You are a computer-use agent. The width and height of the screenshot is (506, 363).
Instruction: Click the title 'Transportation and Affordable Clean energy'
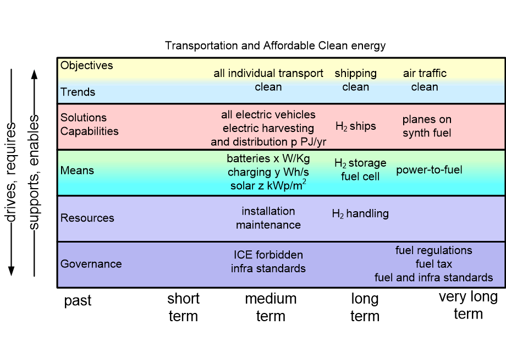[275, 46]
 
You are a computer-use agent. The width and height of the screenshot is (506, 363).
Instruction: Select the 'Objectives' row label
[86, 65]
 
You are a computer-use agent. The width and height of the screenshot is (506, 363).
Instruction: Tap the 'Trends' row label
[78, 92]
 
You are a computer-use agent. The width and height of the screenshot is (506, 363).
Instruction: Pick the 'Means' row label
[77, 170]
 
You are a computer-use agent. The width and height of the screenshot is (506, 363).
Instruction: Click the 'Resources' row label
[87, 218]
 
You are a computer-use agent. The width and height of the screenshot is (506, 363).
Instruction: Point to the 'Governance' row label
[91, 264]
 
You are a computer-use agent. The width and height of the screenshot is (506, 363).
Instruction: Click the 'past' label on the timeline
[78, 301]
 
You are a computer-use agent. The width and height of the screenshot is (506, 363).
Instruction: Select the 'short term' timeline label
[183, 307]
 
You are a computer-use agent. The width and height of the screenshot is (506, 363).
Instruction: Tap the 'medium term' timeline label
[271, 307]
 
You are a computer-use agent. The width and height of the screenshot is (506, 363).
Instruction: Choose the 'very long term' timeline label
[468, 305]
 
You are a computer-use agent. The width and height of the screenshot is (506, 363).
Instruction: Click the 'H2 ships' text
[356, 126]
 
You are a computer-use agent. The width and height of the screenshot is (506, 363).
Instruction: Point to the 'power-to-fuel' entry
[429, 170]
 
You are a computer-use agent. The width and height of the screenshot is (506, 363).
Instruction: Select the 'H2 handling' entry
[360, 213]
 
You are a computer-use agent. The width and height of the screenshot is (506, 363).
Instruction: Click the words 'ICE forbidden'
[268, 255]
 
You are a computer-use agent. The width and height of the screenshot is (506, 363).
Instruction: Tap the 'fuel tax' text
[434, 264]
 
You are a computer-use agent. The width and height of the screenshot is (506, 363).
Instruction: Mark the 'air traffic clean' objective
[425, 80]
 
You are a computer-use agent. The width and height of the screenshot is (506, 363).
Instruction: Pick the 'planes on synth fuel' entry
[427, 126]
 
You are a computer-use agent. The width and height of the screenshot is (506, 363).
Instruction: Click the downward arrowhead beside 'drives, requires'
[12, 271]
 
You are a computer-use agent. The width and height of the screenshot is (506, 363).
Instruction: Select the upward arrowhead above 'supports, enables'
[34, 74]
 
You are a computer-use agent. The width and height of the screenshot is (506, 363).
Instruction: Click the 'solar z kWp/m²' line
[268, 185]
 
